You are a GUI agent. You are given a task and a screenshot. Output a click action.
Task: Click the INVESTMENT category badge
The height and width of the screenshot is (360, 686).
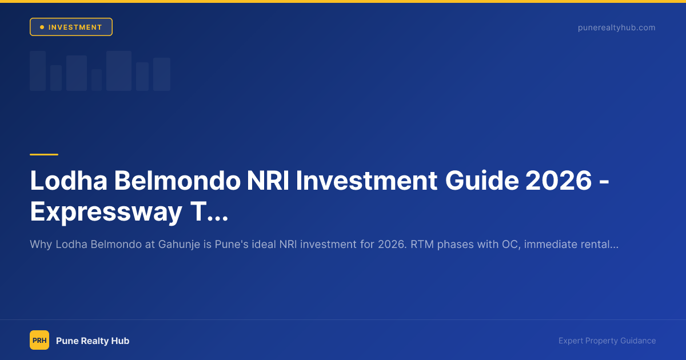click(x=71, y=27)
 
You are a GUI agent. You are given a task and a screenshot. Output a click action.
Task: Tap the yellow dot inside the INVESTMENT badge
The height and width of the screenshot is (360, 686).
click(x=42, y=27)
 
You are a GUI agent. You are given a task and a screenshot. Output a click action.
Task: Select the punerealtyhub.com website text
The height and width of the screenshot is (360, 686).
click(x=616, y=27)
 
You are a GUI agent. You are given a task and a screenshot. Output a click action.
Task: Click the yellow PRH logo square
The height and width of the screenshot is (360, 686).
click(x=39, y=340)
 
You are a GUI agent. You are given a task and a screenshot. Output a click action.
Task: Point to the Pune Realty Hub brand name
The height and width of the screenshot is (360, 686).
click(x=93, y=341)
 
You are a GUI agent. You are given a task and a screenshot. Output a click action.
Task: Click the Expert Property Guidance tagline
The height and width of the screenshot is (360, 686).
click(x=607, y=341)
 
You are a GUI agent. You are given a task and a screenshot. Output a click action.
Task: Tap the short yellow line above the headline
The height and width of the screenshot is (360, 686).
click(x=44, y=154)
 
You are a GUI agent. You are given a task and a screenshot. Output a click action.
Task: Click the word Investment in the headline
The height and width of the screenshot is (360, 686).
click(x=365, y=182)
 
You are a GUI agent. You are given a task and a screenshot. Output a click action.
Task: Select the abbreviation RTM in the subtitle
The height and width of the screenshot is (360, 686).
click(x=422, y=245)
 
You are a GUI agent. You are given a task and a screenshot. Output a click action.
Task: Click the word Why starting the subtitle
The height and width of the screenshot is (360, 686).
click(x=41, y=245)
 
